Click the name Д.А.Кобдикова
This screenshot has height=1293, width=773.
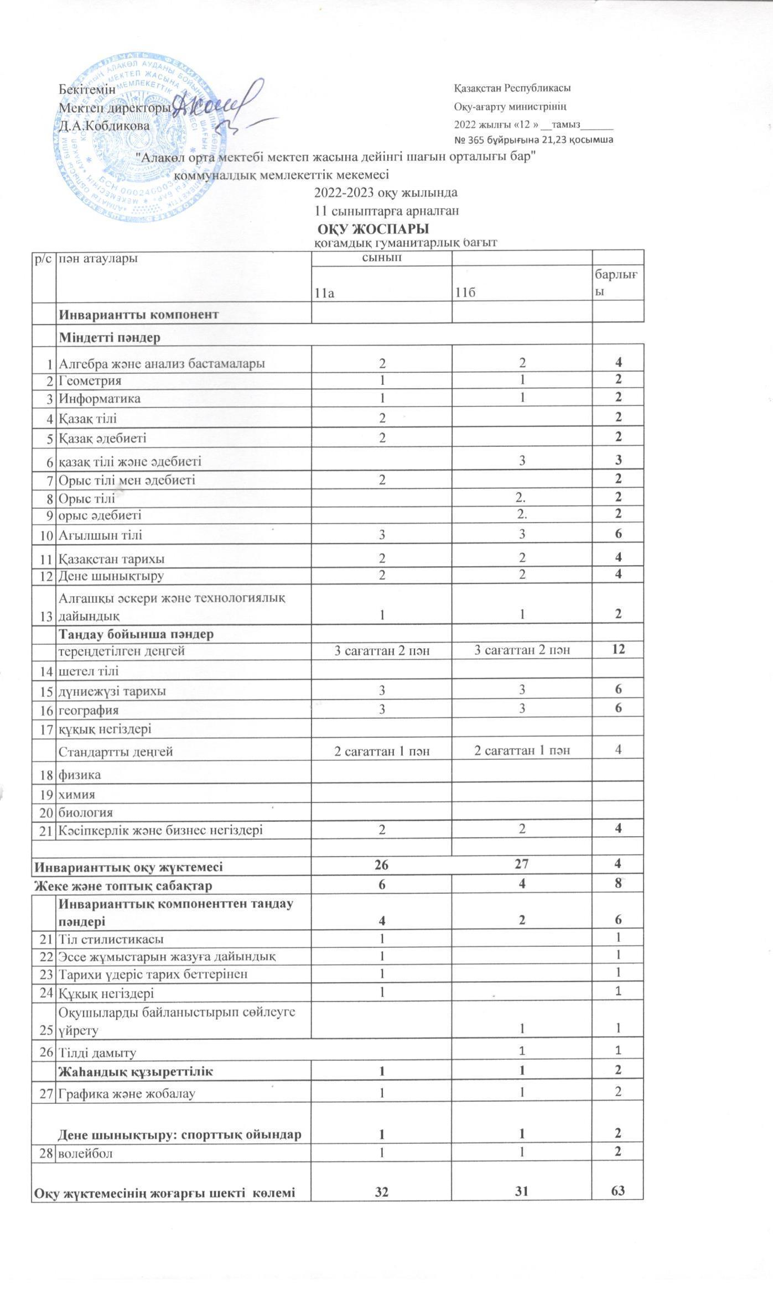tap(105, 126)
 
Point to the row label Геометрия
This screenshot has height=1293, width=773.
tap(91, 380)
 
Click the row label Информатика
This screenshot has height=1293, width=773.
tap(100, 398)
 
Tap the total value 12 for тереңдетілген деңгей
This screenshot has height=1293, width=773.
tap(618, 649)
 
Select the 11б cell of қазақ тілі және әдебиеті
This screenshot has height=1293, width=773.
tap(522, 460)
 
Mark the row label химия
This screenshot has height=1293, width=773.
tap(77, 794)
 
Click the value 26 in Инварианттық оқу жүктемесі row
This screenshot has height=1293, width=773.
tap(382, 867)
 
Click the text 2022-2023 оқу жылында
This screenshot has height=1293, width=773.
tap(386, 193)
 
